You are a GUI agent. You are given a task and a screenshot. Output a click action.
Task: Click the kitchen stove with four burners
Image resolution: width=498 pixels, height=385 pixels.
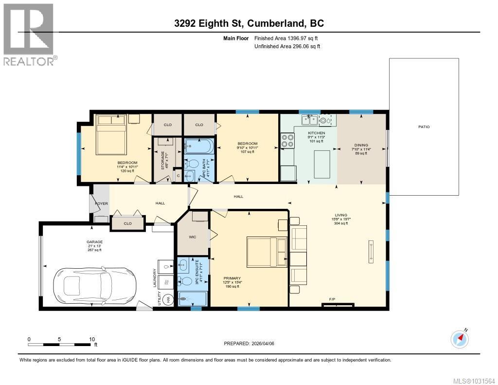[x=287, y=141]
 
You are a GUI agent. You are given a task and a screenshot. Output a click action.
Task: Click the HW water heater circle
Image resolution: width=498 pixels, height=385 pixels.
[x=169, y=300]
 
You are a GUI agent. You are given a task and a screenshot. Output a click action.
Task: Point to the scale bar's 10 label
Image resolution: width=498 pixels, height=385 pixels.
[x=91, y=339]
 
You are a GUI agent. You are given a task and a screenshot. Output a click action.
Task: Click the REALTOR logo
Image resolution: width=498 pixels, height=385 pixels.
[x=29, y=34]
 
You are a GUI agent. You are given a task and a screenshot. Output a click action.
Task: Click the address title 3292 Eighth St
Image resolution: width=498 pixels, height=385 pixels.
[x=249, y=23]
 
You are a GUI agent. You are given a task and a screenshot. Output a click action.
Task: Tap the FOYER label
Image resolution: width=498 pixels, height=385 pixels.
[x=101, y=203]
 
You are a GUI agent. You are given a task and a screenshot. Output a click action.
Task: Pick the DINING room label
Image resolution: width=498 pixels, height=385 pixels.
[x=361, y=145]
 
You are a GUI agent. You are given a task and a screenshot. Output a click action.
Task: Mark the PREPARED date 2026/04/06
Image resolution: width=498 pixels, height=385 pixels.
[x=249, y=344]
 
